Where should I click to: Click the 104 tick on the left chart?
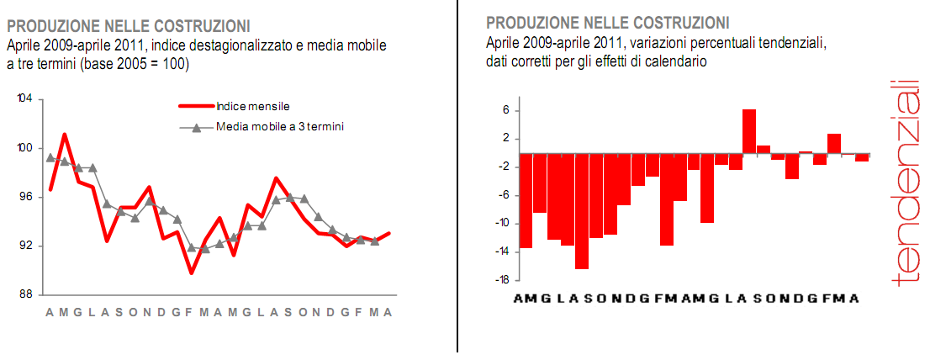tap(25, 99)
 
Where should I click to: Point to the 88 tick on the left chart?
tap(25, 294)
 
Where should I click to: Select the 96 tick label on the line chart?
tap(25, 197)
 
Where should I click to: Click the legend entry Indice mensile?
tap(252, 107)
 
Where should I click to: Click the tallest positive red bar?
tap(748, 131)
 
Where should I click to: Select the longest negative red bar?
tap(582, 211)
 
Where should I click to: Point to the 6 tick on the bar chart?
tap(506, 110)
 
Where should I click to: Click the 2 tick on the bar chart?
tap(506, 138)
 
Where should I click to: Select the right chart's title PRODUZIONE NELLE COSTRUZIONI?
tap(608, 22)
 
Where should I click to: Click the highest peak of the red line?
tap(65, 135)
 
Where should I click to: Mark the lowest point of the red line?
tap(192, 273)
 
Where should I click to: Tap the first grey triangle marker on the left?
tap(50, 157)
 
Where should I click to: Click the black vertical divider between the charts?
tap(457, 177)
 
